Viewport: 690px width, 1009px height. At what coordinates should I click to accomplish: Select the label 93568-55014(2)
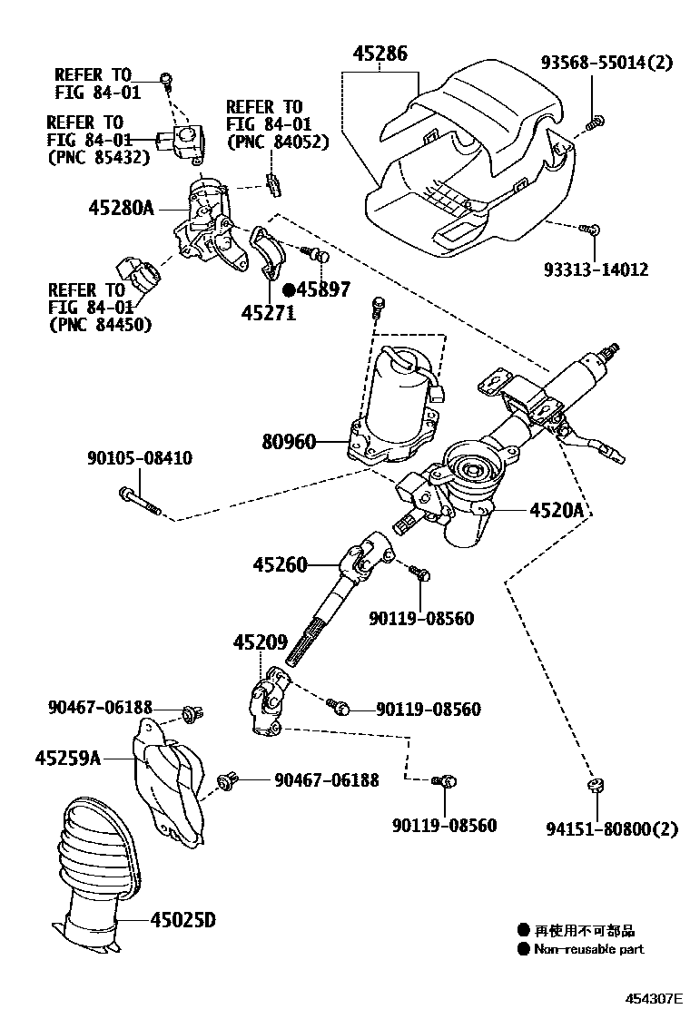pos(607,64)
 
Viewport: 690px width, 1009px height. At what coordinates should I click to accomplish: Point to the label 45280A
pos(121,208)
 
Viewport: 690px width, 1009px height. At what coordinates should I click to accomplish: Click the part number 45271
pos(268,311)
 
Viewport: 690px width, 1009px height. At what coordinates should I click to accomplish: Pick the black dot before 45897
pos(288,290)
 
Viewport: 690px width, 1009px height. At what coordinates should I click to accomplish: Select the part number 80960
pos(289,443)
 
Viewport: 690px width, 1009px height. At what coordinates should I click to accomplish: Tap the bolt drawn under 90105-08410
pos(139,501)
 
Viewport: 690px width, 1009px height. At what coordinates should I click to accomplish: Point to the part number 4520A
pos(556,511)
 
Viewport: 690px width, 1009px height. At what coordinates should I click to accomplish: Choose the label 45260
pos(281,565)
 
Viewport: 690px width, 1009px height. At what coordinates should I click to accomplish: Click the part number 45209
pos(260,642)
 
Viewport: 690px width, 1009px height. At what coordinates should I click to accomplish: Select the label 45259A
pos(69,757)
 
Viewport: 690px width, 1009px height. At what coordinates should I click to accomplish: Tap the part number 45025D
pos(182,921)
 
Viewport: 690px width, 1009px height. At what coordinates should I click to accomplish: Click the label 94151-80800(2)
pos(612,828)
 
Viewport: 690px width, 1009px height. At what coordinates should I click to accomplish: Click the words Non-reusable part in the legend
pos(589,949)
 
